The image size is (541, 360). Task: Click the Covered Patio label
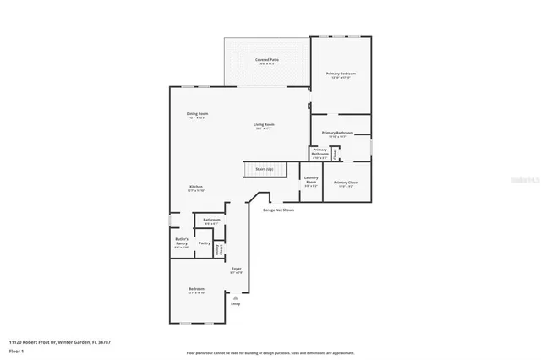click(x=268, y=61)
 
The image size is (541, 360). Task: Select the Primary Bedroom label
click(x=341, y=74)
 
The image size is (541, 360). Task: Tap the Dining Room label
click(x=197, y=115)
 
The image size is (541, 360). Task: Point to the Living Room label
click(x=264, y=126)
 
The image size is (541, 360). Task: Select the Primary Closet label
click(x=346, y=183)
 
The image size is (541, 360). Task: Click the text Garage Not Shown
click(x=278, y=210)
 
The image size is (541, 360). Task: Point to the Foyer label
click(x=237, y=270)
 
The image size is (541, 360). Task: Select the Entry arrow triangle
click(x=236, y=298)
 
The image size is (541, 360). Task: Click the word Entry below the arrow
click(x=236, y=304)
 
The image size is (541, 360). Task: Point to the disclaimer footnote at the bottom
click(x=270, y=353)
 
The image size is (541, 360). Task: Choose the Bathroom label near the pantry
click(x=212, y=221)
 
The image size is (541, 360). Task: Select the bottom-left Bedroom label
click(x=196, y=291)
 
